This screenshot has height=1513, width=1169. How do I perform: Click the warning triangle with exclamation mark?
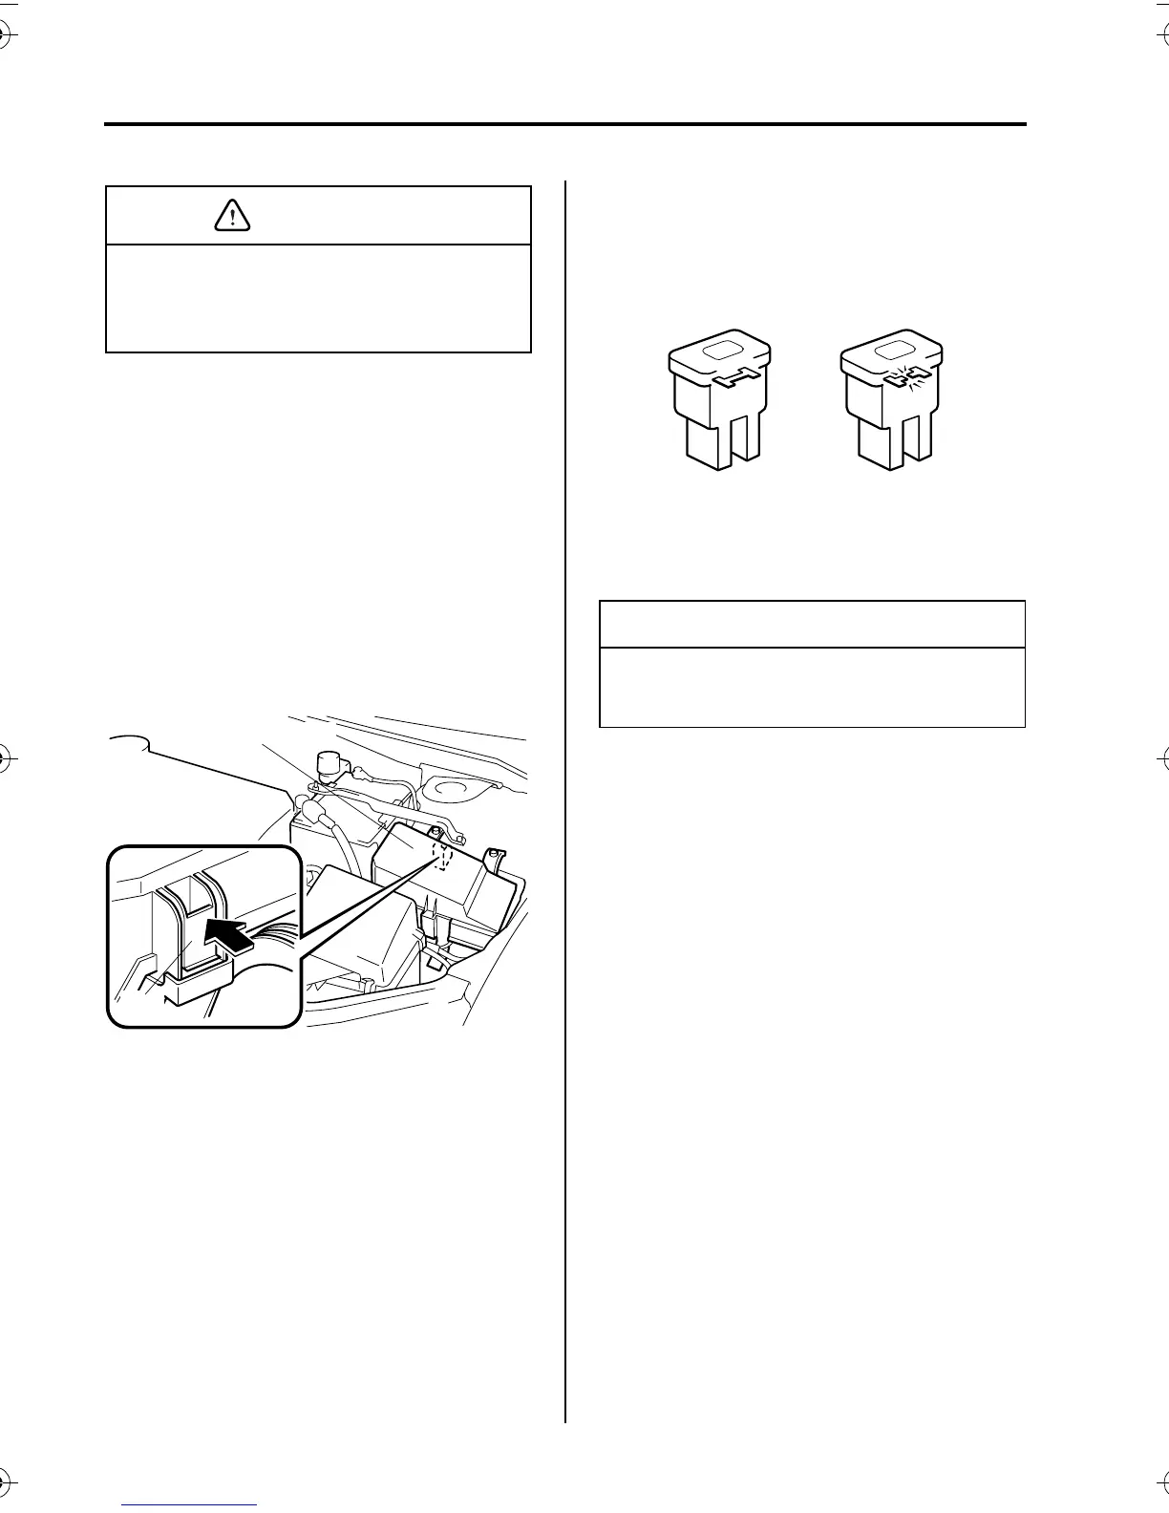tap(232, 216)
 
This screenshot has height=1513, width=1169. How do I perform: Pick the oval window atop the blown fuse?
tap(894, 351)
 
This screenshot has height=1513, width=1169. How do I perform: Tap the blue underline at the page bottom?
tap(190, 1504)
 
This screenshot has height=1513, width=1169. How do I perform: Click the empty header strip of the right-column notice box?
tap(812, 625)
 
